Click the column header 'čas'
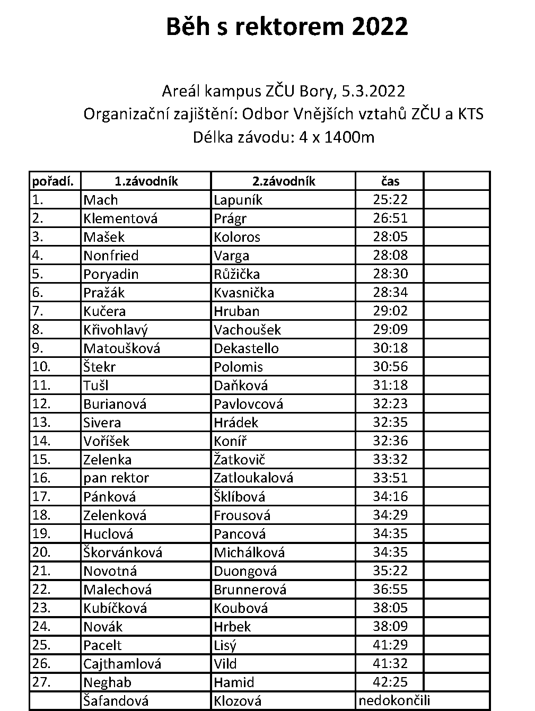pos(390,181)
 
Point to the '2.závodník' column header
pos(284,181)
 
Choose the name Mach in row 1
pos(100,200)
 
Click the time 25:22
pos(390,200)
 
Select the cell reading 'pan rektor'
pos(116,478)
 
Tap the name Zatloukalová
pos(253,478)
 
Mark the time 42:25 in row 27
pos(390,682)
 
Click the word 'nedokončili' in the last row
pos(394,700)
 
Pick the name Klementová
pos(120,218)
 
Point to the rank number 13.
pos(41,423)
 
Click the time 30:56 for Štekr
pos(390,367)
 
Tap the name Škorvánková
pos(122,552)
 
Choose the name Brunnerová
pos(250,590)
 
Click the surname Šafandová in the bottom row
pos(116,700)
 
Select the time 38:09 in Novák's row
pos(390,627)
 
